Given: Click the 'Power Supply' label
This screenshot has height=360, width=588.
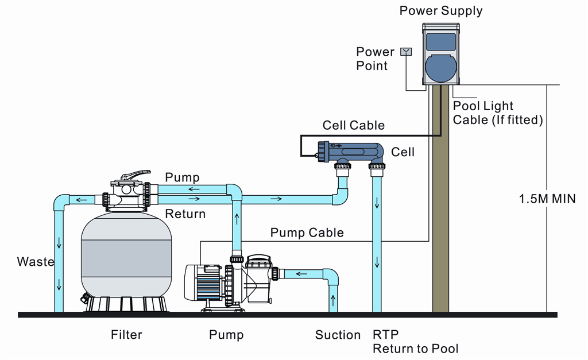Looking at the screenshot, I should (441, 10).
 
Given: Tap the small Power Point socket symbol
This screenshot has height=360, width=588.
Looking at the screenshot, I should (406, 52).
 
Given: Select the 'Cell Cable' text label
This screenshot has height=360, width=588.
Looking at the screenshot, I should (354, 125).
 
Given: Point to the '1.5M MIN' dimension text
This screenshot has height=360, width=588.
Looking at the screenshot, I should (547, 199).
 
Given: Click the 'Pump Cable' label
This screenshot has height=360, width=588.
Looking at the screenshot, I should (307, 233).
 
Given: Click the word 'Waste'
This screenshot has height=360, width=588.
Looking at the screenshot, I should (36, 262).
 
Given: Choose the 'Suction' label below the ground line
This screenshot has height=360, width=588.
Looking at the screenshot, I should (338, 335).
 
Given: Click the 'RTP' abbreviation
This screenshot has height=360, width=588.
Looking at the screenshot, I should (386, 335).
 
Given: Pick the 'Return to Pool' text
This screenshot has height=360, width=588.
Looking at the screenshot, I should (416, 349).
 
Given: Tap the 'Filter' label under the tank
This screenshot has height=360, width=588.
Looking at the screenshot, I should (126, 335).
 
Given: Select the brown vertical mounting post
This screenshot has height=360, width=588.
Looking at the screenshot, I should (440, 201).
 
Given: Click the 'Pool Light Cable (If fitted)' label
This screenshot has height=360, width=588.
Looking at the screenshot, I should (497, 113).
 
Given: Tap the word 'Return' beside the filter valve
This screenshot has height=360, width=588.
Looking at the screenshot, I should (185, 214).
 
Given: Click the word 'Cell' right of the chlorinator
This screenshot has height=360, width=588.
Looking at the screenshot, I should (403, 152).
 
